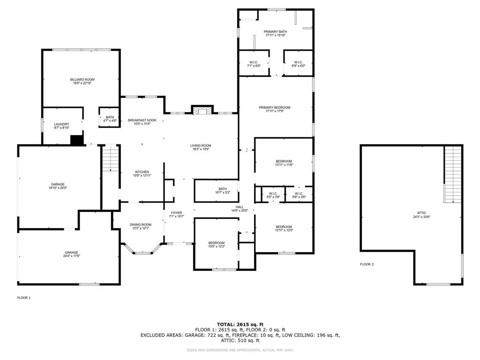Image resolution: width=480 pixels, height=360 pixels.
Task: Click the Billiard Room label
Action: click(82, 80)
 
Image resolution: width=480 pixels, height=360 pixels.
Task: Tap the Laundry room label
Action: click(62, 124)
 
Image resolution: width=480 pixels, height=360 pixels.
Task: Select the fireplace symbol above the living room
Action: click(202, 110)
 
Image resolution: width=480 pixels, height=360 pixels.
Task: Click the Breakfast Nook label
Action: click(142, 120)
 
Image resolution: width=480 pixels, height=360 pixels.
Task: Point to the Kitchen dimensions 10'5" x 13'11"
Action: click(142, 176)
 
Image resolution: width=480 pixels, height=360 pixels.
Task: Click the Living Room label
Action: click(201, 146)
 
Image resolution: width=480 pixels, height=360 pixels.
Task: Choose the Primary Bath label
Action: click(276, 32)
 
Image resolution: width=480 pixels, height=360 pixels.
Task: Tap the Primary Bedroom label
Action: click(275, 108)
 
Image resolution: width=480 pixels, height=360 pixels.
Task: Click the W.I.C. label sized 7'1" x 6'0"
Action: click(254, 62)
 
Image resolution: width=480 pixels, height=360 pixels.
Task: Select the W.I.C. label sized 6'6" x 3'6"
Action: click(299, 194)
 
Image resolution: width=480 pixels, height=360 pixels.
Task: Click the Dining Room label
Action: click(141, 225)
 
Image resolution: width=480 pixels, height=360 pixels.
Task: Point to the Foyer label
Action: click(176, 213)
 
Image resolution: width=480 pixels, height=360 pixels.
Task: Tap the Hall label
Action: click(240, 207)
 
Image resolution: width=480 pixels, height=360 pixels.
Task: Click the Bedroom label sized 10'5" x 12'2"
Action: click(217, 243)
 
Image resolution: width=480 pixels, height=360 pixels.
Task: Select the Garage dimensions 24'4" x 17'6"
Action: click(72, 256)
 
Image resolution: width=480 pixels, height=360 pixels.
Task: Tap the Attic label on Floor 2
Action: click(421, 213)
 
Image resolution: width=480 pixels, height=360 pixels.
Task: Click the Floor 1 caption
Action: click(24, 298)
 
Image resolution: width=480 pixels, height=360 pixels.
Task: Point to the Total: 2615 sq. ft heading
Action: click(240, 324)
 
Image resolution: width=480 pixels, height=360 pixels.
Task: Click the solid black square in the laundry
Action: click(77, 140)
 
